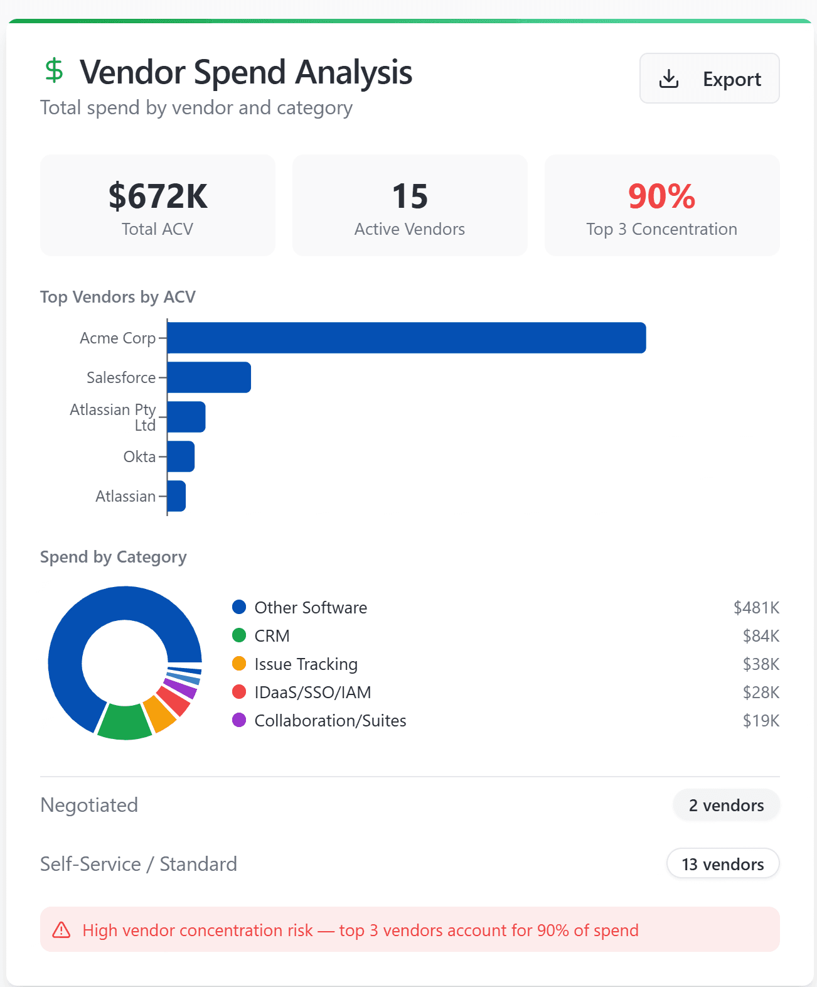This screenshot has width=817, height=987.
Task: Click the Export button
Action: tap(709, 78)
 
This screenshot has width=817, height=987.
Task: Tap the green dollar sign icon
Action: tap(55, 70)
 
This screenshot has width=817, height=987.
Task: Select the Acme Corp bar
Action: tap(406, 338)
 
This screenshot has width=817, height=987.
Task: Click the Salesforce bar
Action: tap(209, 377)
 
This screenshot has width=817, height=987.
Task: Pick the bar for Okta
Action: tap(181, 456)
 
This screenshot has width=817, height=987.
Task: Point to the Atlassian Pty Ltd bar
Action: tap(186, 417)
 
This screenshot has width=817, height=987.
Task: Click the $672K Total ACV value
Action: tap(158, 196)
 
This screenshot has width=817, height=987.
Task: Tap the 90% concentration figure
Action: tap(661, 196)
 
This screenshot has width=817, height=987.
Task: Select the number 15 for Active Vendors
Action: tap(410, 196)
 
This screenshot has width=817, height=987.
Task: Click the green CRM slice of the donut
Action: tap(125, 723)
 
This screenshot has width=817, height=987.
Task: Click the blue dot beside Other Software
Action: tap(239, 607)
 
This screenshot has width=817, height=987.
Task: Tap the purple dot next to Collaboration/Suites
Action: tap(239, 720)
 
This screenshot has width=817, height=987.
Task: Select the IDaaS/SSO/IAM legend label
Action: tap(312, 692)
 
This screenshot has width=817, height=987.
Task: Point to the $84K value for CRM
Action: tap(761, 636)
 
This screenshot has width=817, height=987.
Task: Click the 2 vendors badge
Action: tap(726, 805)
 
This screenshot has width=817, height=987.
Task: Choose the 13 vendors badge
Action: tap(723, 864)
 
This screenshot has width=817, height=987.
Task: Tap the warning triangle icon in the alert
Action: tap(61, 930)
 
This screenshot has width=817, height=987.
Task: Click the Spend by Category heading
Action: tap(114, 557)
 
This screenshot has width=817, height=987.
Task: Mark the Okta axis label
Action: tap(139, 456)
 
